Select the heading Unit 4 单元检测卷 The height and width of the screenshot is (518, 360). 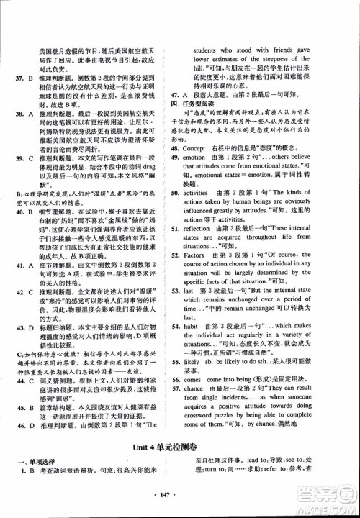tap(180, 451)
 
